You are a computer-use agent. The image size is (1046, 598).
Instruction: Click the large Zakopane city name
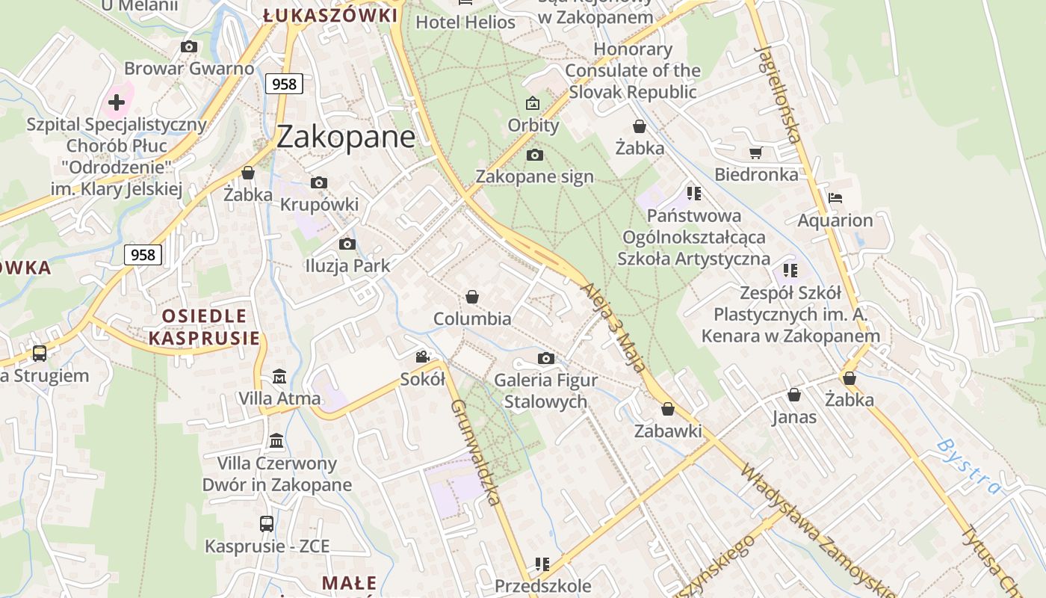tap(345, 137)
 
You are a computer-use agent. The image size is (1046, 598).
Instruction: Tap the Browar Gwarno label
tap(189, 69)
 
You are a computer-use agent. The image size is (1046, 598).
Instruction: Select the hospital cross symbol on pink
tap(117, 102)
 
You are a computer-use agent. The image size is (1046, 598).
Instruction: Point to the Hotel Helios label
tap(465, 22)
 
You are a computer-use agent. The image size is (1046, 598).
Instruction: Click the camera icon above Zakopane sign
tap(535, 155)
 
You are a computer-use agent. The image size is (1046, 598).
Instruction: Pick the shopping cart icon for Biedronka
tap(755, 153)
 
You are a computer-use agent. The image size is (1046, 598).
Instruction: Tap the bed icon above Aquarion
tap(835, 198)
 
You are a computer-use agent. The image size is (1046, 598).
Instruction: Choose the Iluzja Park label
tap(347, 265)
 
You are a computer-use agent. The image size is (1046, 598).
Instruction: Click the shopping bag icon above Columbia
tap(472, 297)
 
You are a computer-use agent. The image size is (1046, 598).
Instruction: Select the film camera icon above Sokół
tap(423, 357)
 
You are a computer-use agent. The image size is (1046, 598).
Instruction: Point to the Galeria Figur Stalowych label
tap(545, 391)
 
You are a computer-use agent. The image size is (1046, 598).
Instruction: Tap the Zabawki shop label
tap(668, 431)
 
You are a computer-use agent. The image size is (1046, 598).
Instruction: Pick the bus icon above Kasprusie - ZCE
tap(267, 524)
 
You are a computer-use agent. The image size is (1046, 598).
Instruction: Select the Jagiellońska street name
tap(779, 93)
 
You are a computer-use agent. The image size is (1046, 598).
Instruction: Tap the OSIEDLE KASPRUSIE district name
tap(204, 327)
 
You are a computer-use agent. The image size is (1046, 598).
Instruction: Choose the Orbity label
tap(533, 125)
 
